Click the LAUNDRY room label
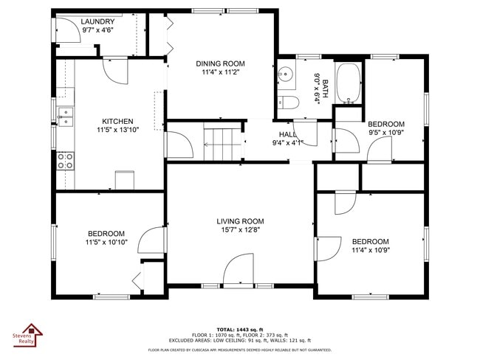pyautogui.click(x=97, y=22)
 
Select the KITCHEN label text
pyautogui.click(x=117, y=122)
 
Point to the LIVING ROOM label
pyautogui.click(x=240, y=221)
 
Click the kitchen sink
pyautogui.click(x=66, y=117)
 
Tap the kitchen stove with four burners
pyautogui.click(x=66, y=161)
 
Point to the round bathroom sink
pyautogui.click(x=285, y=75)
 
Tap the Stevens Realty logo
pyautogui.click(x=32, y=334)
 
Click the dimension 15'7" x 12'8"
pyautogui.click(x=240, y=230)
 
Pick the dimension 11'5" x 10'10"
pyautogui.click(x=107, y=242)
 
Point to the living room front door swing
pyautogui.click(x=241, y=269)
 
